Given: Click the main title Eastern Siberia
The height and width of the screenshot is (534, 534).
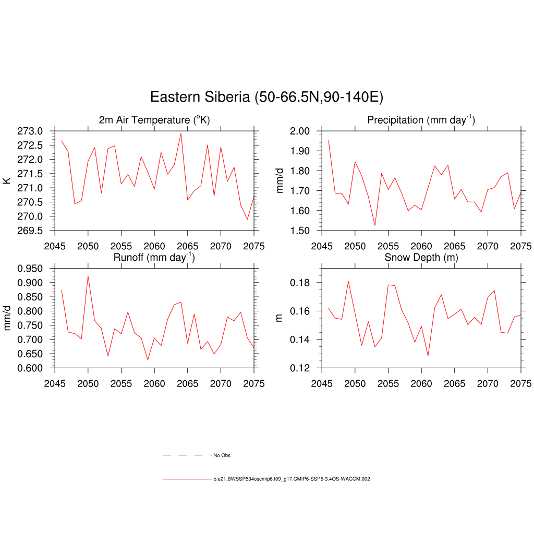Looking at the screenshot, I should [x=266, y=98].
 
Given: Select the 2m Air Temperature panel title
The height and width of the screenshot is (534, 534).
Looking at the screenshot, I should [x=154, y=120].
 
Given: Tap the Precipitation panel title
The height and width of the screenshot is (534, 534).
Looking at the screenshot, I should [x=421, y=120].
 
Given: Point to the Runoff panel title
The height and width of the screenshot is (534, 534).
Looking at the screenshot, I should [x=154, y=257].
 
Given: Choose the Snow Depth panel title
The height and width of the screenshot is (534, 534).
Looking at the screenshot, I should [x=421, y=258].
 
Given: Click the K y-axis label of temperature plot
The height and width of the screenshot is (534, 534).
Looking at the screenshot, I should [x=7, y=180].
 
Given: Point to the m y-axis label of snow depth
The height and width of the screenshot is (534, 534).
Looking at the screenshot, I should [x=279, y=318].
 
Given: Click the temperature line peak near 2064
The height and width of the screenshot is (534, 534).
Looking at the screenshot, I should [x=181, y=133].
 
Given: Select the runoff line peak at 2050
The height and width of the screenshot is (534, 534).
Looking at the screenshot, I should [x=88, y=276].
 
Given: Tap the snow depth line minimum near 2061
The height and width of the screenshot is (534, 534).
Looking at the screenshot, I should [x=428, y=356].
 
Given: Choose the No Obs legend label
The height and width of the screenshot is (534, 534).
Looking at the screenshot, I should [x=222, y=456].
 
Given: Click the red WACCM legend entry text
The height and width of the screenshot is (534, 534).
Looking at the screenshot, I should [x=292, y=479].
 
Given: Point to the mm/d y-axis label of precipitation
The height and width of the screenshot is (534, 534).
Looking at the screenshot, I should [x=280, y=180].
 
